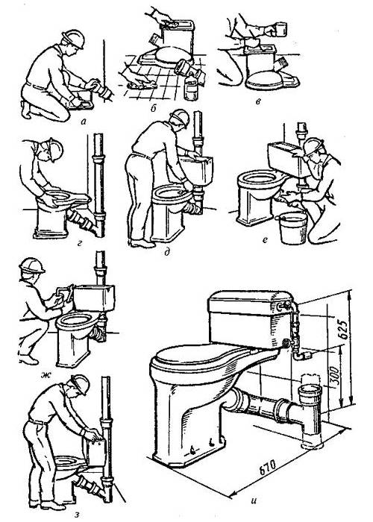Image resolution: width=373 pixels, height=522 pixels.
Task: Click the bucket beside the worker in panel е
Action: pos(292,227)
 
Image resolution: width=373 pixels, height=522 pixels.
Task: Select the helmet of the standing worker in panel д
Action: pos(178,118)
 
